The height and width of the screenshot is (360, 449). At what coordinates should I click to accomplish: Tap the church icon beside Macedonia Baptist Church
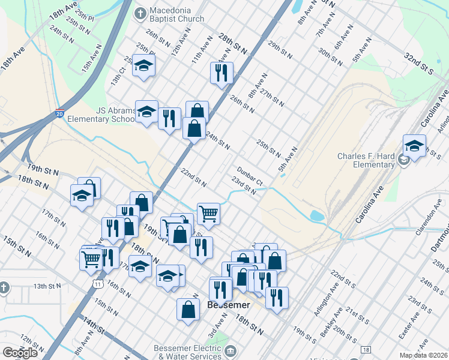pyautogui.click(x=140, y=12)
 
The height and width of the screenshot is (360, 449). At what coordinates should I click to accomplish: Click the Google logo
pyautogui.click(x=20, y=353)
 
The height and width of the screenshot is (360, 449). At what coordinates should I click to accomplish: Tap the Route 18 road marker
pyautogui.click(x=366, y=349)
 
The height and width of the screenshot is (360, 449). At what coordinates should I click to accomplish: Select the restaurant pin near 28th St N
pyautogui.click(x=221, y=73)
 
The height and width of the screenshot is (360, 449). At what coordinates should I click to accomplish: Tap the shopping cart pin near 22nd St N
pyautogui.click(x=208, y=213)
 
